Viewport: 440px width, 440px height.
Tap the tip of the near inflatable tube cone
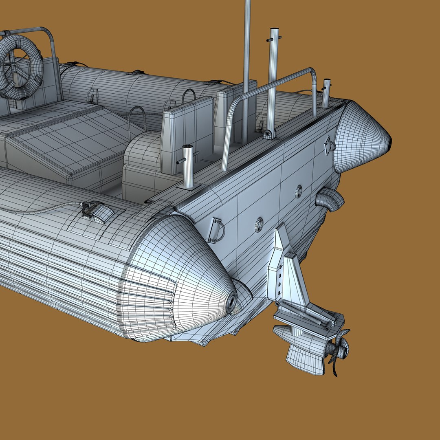click(x=232, y=302)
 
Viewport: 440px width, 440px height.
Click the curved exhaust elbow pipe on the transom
click(x=330, y=200)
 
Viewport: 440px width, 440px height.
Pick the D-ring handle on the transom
click(x=216, y=230)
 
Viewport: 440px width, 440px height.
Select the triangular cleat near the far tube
click(x=329, y=145)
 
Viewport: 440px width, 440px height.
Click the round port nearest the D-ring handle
click(x=259, y=224)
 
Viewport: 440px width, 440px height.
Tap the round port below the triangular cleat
click(x=299, y=191)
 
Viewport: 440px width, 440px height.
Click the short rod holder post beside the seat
click(x=187, y=165)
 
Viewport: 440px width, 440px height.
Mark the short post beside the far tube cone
click(x=326, y=92)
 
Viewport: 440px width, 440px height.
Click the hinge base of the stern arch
click(x=269, y=134)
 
